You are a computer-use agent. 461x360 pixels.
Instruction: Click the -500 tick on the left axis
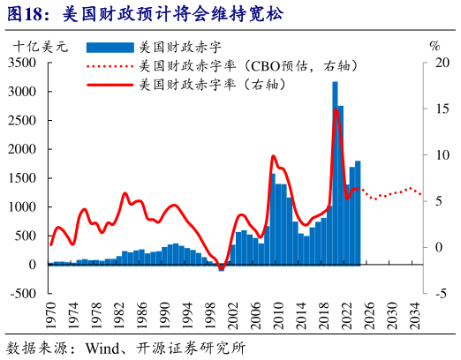coord(25,293)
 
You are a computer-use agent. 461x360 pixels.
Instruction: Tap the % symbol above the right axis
coord(434,44)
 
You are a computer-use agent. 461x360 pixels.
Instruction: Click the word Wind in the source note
coord(102,347)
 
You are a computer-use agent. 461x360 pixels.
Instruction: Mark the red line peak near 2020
coord(336,109)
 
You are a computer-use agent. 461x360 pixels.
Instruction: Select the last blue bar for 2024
coord(358,212)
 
